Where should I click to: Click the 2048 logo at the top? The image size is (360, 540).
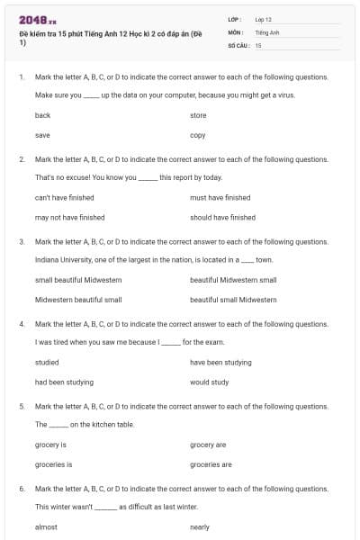pos(38,20)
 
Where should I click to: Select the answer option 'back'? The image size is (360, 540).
pos(42,115)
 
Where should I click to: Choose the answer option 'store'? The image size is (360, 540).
pos(198,115)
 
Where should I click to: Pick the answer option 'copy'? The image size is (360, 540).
pos(198,135)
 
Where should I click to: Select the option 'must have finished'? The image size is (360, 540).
pos(220,197)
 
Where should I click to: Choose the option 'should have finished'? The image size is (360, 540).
pos(222,217)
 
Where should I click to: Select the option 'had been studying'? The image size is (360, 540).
pos(64,382)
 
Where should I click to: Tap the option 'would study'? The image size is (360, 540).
pos(209,382)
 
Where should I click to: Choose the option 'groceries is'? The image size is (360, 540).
pos(53,464)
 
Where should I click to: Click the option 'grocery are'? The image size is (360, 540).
pos(208,445)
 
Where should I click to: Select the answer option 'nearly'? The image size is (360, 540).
pos(200,526)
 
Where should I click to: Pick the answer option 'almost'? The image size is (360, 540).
pos(46,526)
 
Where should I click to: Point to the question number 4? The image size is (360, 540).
pos(22,323)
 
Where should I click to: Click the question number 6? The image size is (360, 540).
pos(22,488)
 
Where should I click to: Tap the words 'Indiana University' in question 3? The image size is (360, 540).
pos(60,259)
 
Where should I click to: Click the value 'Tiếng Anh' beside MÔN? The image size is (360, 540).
pos(267,31)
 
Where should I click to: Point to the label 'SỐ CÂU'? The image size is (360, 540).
pos(238,44)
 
